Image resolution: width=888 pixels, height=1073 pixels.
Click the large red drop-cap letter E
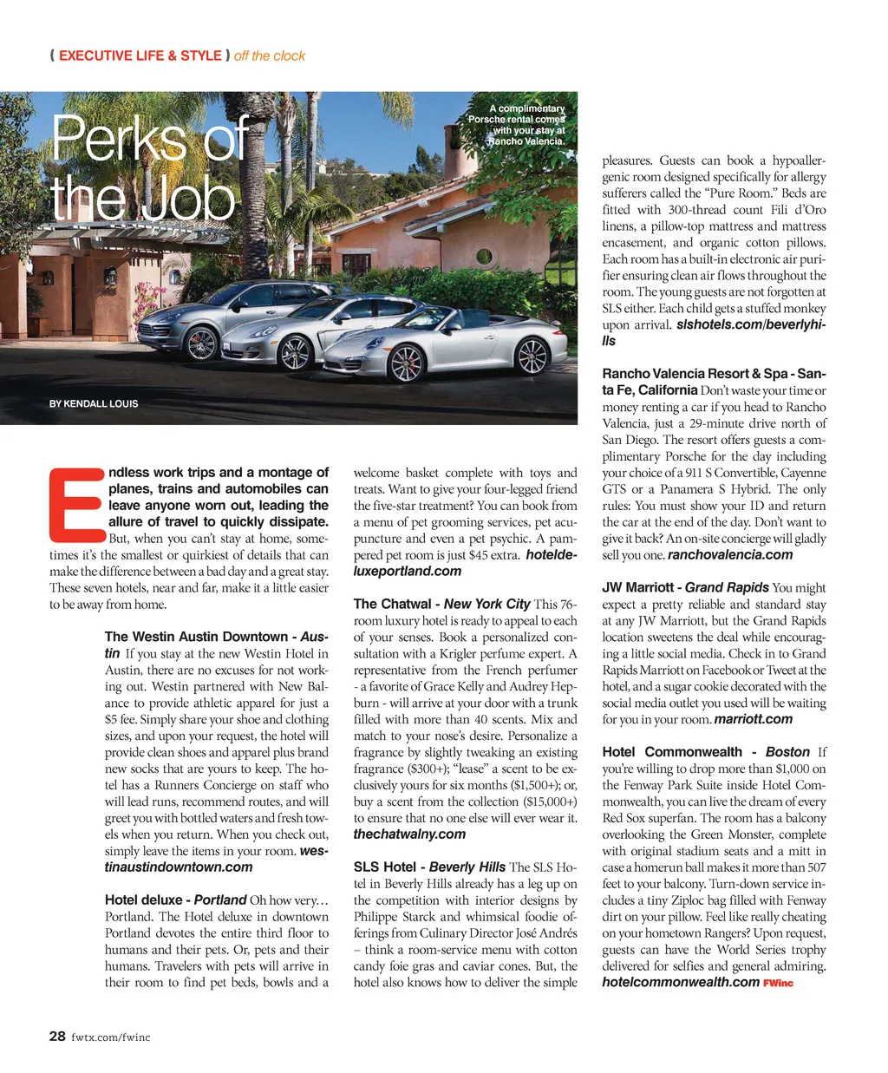[x=76, y=503]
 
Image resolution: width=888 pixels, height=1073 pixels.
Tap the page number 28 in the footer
[x=57, y=1036]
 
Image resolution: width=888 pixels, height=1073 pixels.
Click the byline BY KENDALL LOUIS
[x=94, y=403]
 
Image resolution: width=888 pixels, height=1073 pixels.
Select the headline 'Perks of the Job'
[x=147, y=169]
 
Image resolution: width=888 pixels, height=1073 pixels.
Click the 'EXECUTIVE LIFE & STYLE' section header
[x=140, y=56]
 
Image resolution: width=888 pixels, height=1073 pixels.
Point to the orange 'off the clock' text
[x=270, y=56]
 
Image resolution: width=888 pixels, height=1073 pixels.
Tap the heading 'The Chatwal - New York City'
[x=441, y=604]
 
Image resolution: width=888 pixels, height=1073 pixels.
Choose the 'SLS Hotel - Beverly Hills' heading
[x=429, y=867]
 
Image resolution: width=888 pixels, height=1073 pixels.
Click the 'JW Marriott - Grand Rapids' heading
[x=685, y=587]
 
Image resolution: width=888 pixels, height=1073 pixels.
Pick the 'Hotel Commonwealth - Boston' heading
[x=706, y=752]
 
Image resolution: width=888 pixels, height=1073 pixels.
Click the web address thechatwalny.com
[x=409, y=834]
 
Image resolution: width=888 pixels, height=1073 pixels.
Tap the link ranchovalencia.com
[x=730, y=554]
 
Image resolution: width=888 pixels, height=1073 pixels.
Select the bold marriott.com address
[x=754, y=719]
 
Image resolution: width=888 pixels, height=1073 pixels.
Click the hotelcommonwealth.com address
[x=681, y=982]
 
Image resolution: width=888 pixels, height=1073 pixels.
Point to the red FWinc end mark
[x=778, y=983]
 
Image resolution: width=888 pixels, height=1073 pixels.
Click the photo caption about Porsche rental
[x=518, y=125]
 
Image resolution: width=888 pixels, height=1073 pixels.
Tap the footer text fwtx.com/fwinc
[x=110, y=1037]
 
